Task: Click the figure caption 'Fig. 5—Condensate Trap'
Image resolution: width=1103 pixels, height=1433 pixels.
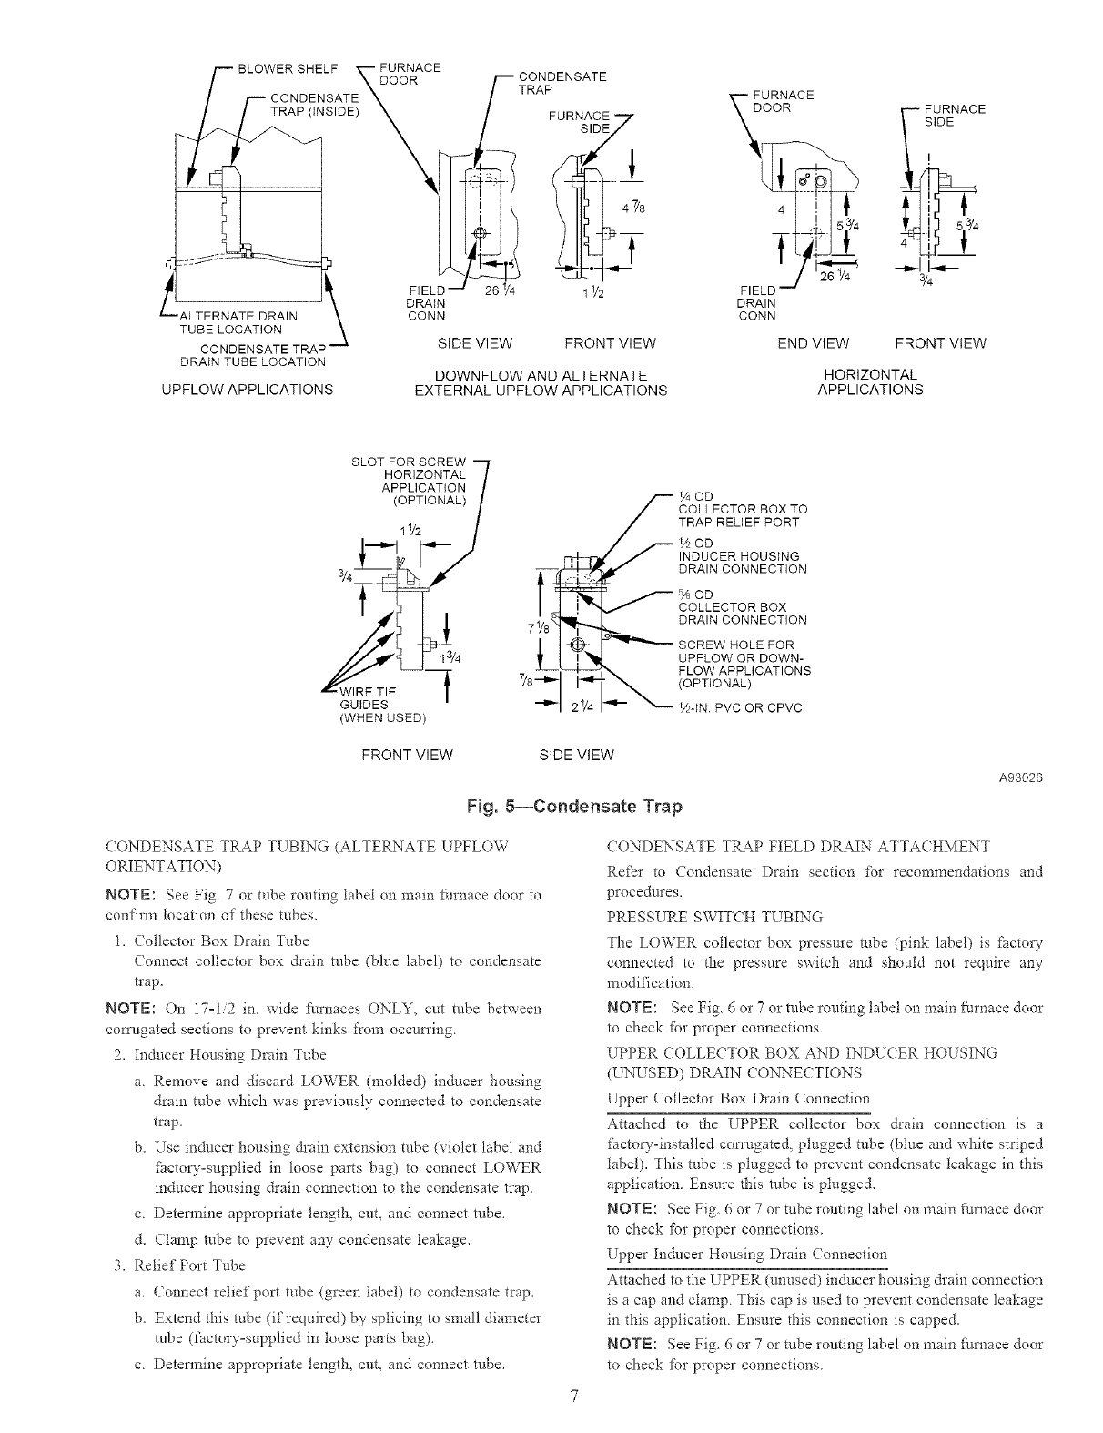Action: (x=573, y=807)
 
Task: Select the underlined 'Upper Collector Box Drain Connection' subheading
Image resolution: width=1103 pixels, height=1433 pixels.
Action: (x=737, y=1098)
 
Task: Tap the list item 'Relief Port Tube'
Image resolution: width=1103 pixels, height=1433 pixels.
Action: (x=189, y=1265)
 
